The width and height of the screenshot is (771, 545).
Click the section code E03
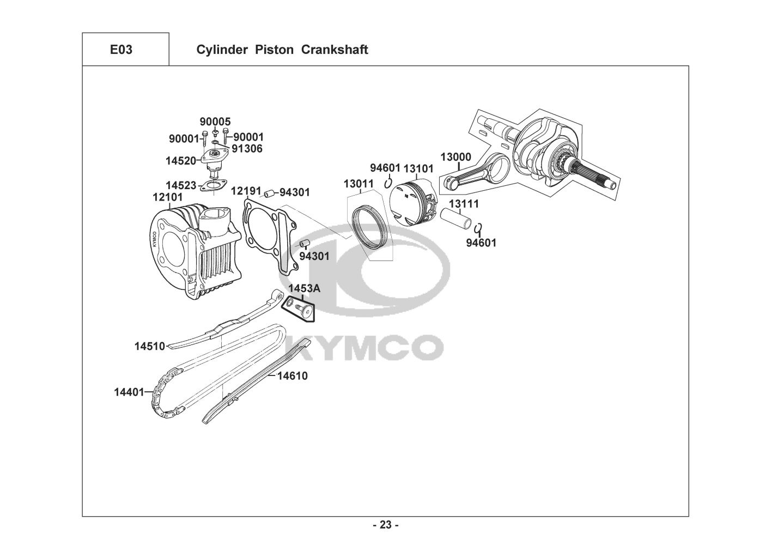(x=121, y=50)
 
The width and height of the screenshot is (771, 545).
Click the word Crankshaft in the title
(x=335, y=50)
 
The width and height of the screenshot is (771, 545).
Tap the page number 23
(x=386, y=525)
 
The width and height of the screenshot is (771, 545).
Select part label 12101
(x=168, y=197)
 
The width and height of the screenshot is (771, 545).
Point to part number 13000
(x=456, y=157)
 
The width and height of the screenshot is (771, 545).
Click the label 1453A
(x=304, y=288)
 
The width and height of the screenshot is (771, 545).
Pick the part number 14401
(x=129, y=392)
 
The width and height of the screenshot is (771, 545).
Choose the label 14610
(x=293, y=376)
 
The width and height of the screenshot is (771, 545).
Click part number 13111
(x=464, y=204)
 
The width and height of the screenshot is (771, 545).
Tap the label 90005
(x=215, y=122)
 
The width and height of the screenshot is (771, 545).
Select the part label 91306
(x=247, y=149)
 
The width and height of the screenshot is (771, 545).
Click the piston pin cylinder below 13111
(x=456, y=219)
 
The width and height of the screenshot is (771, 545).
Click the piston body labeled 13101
(x=414, y=203)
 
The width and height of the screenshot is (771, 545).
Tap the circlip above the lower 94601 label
(x=478, y=228)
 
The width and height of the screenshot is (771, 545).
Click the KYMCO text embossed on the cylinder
(x=154, y=239)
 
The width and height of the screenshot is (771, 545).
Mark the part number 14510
(x=150, y=346)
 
